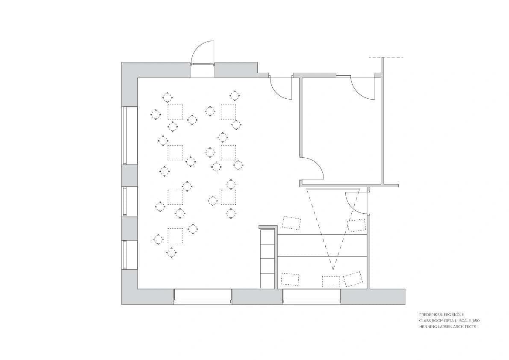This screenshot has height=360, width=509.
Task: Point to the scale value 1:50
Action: pyautogui.click(x=481, y=320)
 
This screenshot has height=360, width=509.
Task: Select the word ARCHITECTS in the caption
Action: pyautogui.click(x=464, y=327)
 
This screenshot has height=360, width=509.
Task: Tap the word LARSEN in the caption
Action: pyautogui.click(x=444, y=327)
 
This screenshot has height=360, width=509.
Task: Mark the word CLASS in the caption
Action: pyautogui.click(x=424, y=320)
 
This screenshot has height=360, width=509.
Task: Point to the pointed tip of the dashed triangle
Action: pyautogui.click(x=332, y=269)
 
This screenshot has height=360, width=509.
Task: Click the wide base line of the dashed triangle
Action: pyautogui.click(x=332, y=189)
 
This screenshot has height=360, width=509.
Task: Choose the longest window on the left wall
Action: pyautogui.click(x=125, y=135)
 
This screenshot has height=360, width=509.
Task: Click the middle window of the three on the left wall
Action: pyautogui.click(x=125, y=201)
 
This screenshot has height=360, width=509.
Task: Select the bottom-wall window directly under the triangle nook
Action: pyautogui.click(x=312, y=296)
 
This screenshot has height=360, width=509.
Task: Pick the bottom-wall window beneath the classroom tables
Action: pyautogui.click(x=203, y=296)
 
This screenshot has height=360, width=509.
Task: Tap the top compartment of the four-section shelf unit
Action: pyautogui.click(x=268, y=236)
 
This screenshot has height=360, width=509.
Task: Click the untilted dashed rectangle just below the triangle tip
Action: pyautogui.click(x=330, y=281)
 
